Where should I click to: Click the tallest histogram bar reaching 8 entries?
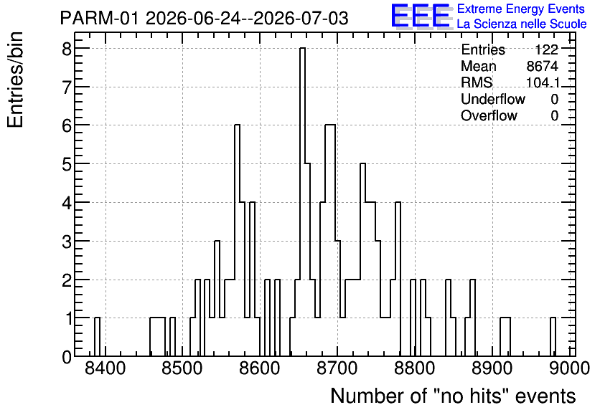(x=302, y=202)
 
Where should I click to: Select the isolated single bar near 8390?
(x=97, y=337)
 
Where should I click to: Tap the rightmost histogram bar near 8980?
(x=553, y=337)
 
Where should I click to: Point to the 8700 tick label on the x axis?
(x=337, y=368)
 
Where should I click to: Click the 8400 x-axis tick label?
(x=106, y=368)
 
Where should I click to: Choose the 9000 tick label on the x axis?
(x=569, y=368)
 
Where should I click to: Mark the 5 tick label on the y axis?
(x=67, y=163)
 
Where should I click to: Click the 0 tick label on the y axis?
(x=67, y=356)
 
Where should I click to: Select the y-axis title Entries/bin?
(x=16, y=80)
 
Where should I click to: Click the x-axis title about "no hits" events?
(x=453, y=396)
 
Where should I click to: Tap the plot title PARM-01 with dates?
(x=205, y=18)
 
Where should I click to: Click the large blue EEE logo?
(x=421, y=16)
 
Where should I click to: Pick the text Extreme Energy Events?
(x=521, y=9)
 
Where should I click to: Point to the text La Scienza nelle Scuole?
(x=522, y=24)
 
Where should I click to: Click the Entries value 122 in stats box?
(x=546, y=49)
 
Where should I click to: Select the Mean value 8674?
(x=542, y=66)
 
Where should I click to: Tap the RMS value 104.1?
(x=543, y=82)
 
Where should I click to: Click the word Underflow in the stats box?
(x=493, y=99)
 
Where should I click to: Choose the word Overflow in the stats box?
(x=489, y=115)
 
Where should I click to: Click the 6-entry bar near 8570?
(x=238, y=240)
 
